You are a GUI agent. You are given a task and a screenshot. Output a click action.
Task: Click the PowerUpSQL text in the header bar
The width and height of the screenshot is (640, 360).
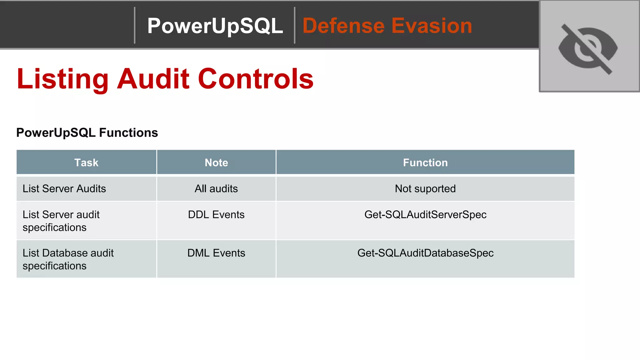(215, 26)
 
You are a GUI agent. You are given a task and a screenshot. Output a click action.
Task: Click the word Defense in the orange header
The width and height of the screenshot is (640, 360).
(343, 26)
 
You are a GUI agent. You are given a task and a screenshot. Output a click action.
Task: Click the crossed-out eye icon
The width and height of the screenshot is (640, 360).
(588, 48)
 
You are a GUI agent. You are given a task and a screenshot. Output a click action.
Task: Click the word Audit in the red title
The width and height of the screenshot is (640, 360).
(153, 79)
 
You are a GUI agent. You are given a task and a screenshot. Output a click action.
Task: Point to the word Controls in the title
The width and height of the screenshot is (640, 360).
(256, 79)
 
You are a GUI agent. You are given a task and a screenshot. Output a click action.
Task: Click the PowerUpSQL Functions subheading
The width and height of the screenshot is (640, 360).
(87, 133)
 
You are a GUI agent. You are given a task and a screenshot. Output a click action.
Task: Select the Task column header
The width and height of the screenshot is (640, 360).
(86, 162)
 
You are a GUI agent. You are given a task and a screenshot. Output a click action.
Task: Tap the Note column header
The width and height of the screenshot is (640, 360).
(216, 162)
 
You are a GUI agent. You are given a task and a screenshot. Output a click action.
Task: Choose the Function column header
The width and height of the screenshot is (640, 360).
(425, 162)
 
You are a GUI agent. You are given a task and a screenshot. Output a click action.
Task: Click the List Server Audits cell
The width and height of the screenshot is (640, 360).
(64, 189)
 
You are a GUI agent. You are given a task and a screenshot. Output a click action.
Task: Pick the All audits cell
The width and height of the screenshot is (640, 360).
(216, 189)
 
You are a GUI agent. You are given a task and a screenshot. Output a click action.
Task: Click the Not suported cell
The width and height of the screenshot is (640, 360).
(425, 189)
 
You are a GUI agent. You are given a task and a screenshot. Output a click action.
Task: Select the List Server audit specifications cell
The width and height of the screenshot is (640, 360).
(61, 221)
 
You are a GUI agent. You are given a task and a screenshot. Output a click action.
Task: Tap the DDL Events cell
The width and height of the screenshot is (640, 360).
(216, 215)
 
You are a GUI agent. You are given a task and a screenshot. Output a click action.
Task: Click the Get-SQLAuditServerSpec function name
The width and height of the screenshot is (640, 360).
(425, 215)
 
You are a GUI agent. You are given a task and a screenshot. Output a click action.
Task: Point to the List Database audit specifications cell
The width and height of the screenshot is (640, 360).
(68, 259)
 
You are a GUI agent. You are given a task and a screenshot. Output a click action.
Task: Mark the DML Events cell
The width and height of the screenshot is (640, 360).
(216, 253)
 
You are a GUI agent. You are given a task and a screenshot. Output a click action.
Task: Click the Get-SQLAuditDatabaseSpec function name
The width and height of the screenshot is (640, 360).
(425, 253)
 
